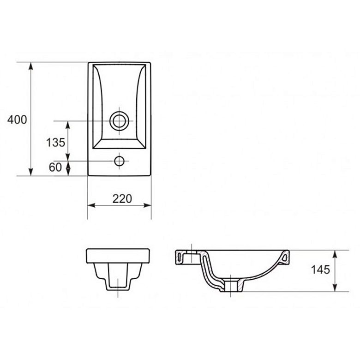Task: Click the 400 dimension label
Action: point(17,120)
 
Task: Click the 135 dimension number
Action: point(55,142)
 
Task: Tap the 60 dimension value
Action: point(55,167)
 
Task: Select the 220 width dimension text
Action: point(122,199)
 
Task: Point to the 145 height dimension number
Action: point(320,270)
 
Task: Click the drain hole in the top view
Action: point(119,121)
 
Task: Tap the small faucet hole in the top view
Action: point(119,161)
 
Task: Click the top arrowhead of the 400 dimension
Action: point(31,66)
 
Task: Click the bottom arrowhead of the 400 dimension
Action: point(31,172)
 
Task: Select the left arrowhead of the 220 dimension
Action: point(91,205)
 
